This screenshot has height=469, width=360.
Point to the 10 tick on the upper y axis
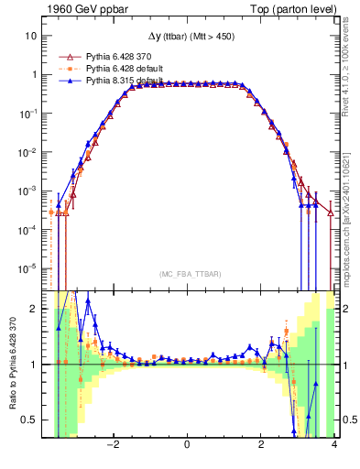click(x=31, y=36)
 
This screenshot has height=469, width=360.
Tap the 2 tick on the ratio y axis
click(x=35, y=309)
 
